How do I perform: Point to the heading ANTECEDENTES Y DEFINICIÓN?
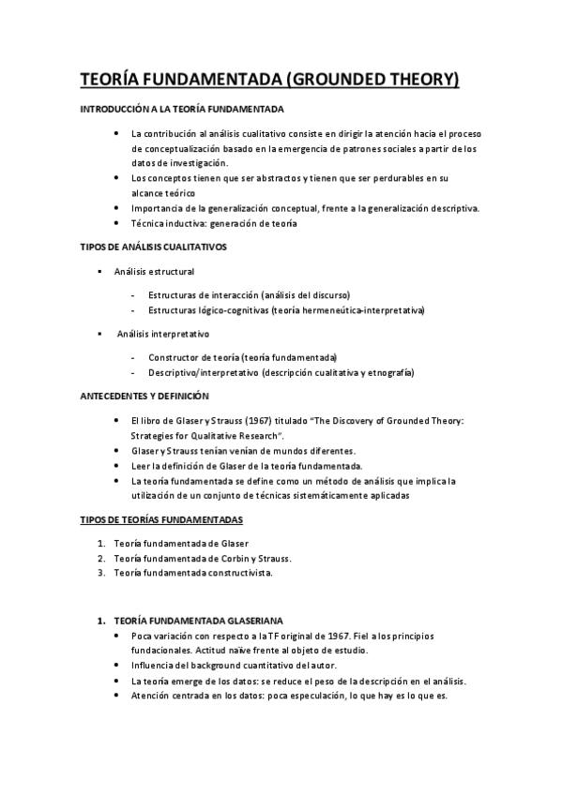pos(144,396)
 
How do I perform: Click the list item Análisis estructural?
pos(154,272)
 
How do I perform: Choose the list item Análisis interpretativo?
pos(163,333)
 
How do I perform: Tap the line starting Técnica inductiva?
pos(214,223)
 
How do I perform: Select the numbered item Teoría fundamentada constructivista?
pos(192,574)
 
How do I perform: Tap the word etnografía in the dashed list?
pos(388,372)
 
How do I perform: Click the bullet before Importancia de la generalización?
pos(115,208)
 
